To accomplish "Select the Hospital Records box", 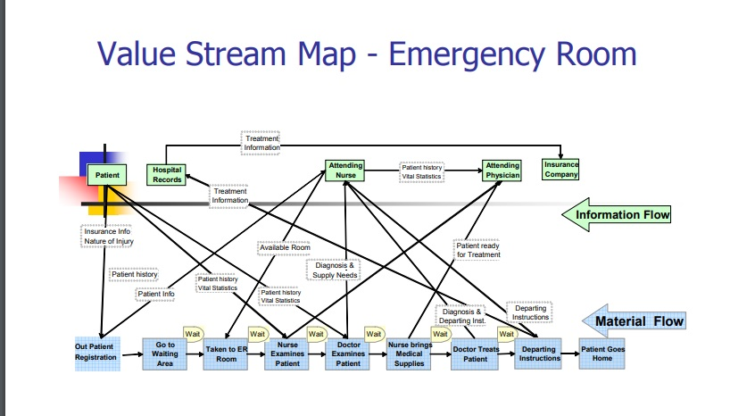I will [x=167, y=174].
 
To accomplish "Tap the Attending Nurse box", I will [x=345, y=171].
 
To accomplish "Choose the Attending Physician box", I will [x=502, y=171].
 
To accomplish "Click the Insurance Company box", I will [x=561, y=169].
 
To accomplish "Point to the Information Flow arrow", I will [x=617, y=214].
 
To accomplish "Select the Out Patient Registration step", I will [x=95, y=352].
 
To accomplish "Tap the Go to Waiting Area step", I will [x=165, y=354].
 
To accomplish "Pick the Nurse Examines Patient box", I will [x=287, y=354].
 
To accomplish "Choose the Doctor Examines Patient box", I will [x=348, y=354].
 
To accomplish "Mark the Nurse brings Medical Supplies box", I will [x=410, y=354].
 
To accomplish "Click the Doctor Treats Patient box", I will [x=476, y=354].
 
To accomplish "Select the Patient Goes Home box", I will [x=602, y=354].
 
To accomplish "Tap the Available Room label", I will [x=284, y=246].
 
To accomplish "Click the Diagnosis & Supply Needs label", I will [x=334, y=270].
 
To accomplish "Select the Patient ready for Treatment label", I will [x=478, y=249].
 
